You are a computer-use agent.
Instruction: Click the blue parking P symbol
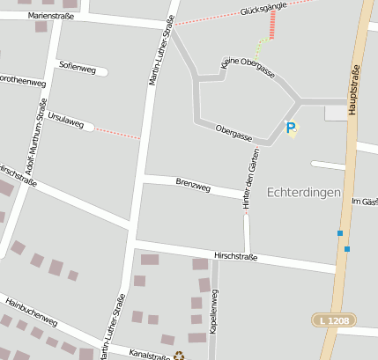(x=291, y=128)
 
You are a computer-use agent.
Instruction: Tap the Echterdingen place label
(x=303, y=192)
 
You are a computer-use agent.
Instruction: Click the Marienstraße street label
(x=51, y=15)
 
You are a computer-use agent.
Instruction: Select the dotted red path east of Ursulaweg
(x=117, y=133)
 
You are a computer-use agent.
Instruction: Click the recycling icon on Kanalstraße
(x=181, y=356)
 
